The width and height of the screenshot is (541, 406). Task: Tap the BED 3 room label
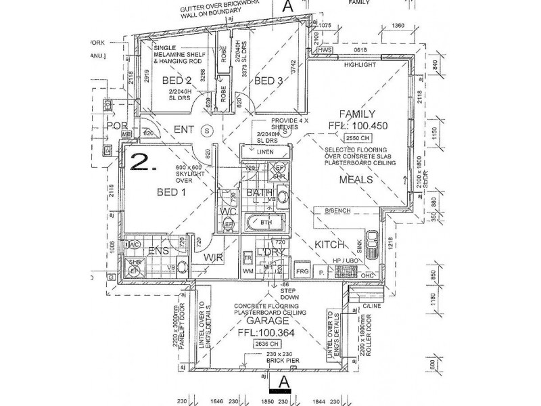tap(268, 81)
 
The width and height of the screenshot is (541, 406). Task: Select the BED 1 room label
tap(172, 192)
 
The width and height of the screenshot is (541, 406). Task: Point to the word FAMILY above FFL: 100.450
tap(358, 114)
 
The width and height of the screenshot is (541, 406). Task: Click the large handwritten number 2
tap(141, 162)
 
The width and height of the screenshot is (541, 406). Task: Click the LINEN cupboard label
tap(264, 152)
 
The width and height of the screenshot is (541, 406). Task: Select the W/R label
tap(214, 258)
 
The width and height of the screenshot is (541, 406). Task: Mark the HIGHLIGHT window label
tap(358, 65)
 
